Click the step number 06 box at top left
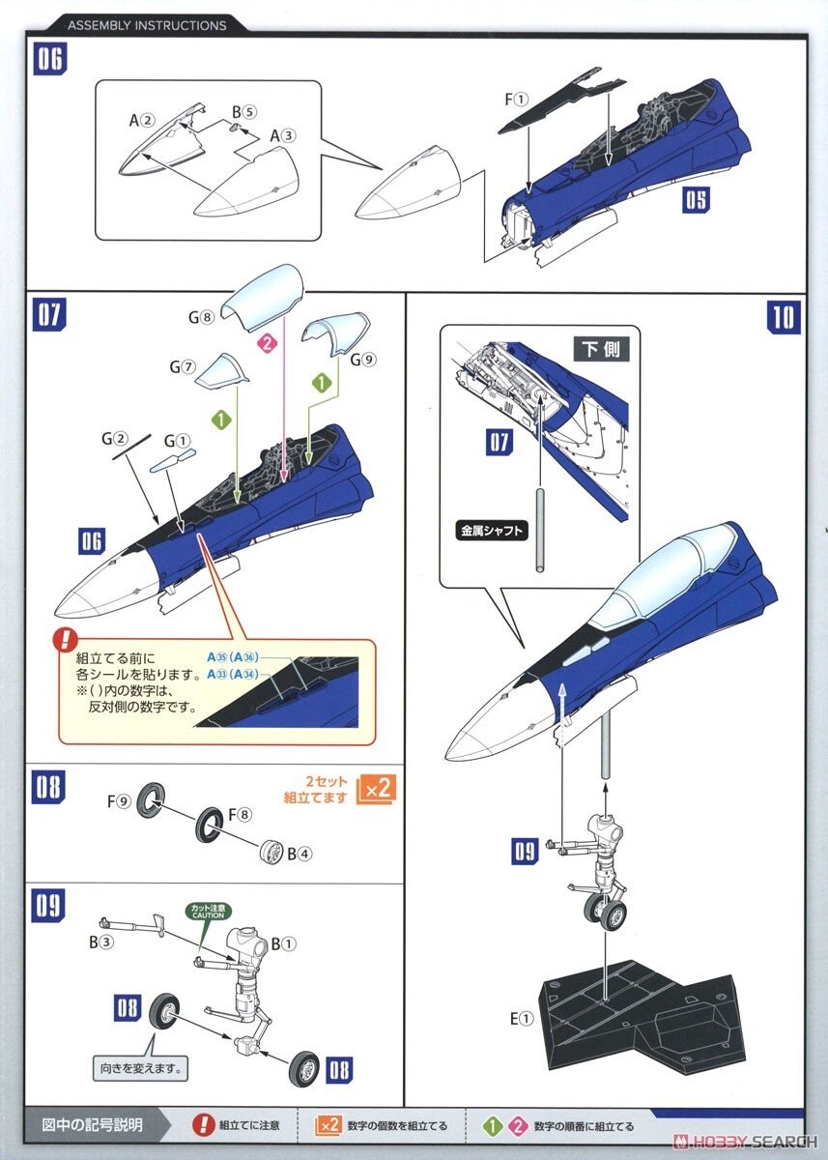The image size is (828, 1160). click(50, 59)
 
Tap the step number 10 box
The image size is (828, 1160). click(784, 317)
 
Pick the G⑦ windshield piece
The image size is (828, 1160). click(221, 370)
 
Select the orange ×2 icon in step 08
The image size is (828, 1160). click(376, 788)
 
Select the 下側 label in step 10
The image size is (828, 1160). click(601, 349)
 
